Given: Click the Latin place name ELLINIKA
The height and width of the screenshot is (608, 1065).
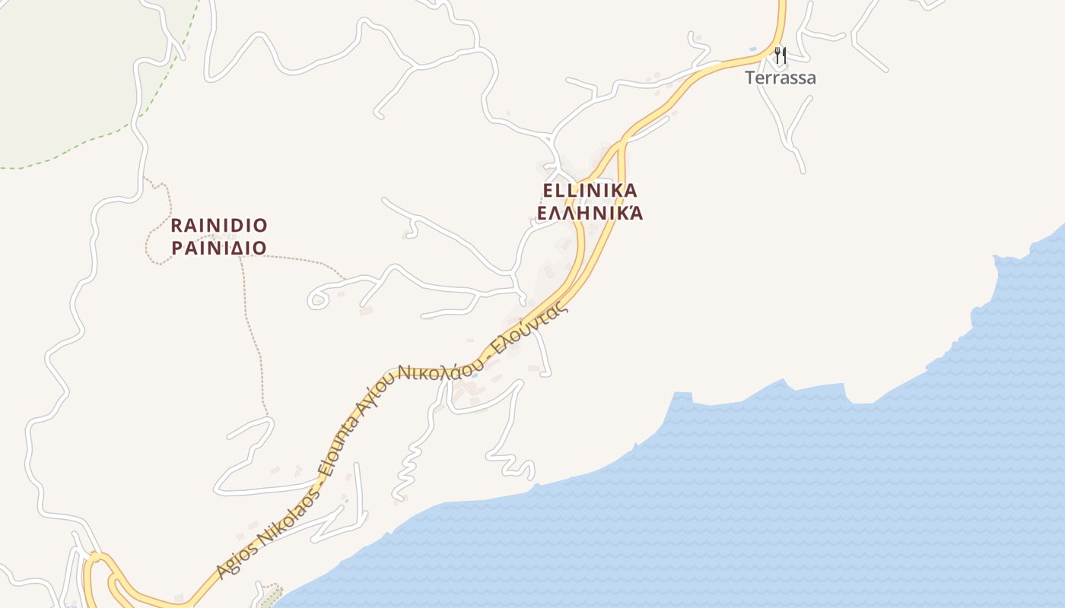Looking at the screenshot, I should tap(590, 190).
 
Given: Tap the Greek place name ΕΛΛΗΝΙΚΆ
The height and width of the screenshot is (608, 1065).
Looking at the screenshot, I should tap(590, 213).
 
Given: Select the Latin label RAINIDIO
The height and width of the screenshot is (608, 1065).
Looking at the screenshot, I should tap(219, 226).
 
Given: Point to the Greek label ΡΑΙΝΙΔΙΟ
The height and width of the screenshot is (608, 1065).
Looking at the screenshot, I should tap(219, 249).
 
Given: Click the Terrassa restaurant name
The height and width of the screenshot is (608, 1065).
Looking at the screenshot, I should tap(780, 78).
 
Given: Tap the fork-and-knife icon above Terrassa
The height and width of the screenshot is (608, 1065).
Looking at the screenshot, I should tap(780, 55).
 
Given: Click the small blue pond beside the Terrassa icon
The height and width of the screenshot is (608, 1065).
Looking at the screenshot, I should tap(753, 49).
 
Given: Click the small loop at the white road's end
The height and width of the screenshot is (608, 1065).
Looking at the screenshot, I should tap(318, 300).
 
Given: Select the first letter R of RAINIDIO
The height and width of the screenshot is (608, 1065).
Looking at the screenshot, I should tap(176, 226).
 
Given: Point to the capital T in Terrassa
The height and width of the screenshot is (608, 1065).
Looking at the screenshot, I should tap(750, 78).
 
